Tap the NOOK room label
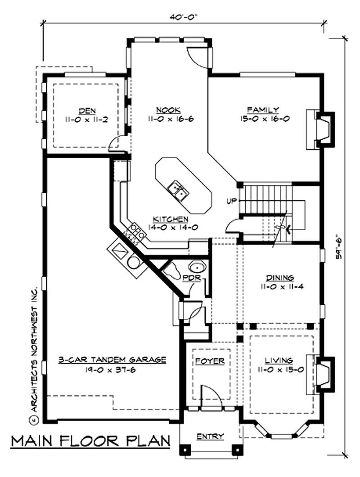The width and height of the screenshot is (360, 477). [x=169, y=110]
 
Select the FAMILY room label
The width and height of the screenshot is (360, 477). [x=263, y=110]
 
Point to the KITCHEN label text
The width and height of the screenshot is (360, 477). [x=171, y=219]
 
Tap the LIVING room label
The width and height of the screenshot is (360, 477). [x=279, y=360]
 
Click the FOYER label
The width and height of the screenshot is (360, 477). [x=210, y=361]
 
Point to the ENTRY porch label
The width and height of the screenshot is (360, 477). [x=210, y=436]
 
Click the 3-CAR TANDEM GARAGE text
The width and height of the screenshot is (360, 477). [x=113, y=360]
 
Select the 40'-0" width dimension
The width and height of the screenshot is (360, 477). [x=183, y=16]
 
